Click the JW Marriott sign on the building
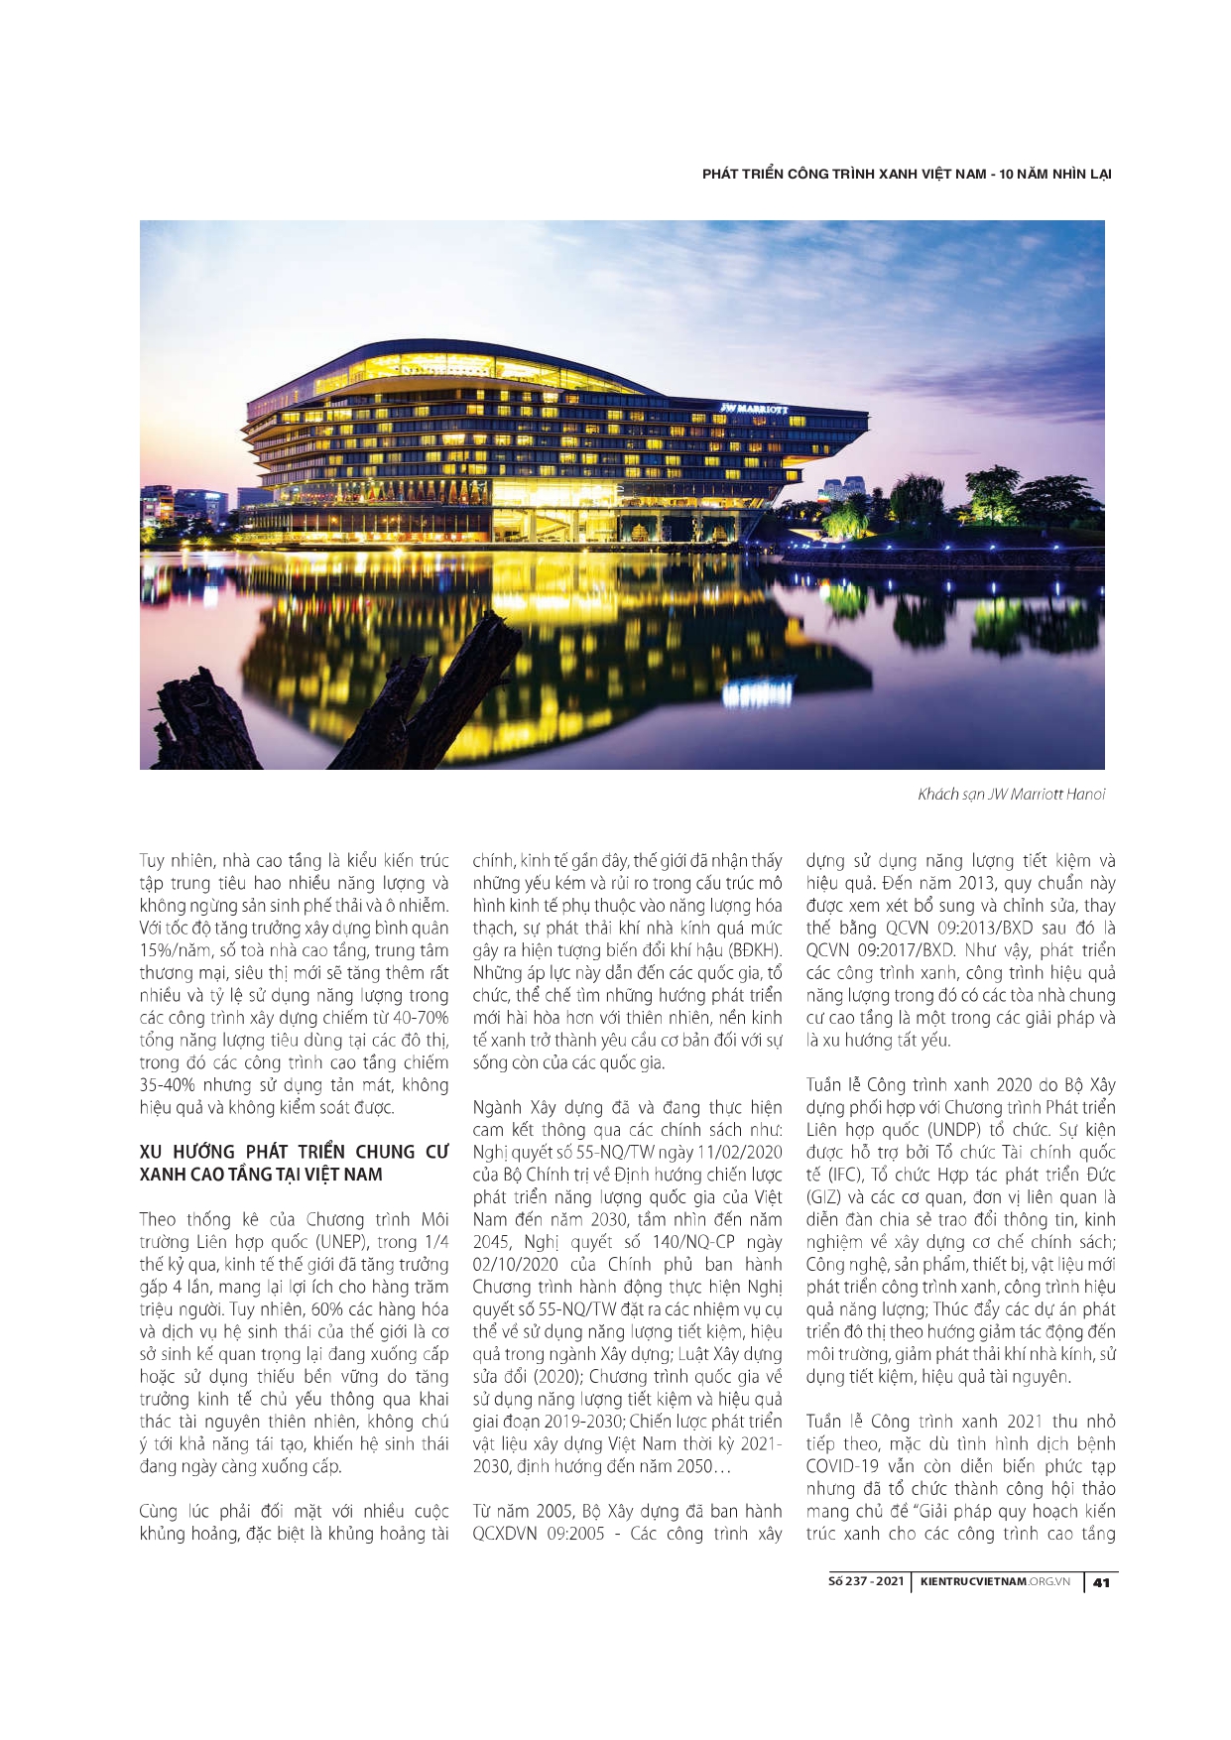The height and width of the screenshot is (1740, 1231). click(x=753, y=408)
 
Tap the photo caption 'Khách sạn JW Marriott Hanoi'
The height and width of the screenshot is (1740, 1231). click(x=1011, y=794)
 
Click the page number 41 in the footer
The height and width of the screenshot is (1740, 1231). click(x=1100, y=1581)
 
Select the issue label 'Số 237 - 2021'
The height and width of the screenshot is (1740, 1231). click(x=865, y=1581)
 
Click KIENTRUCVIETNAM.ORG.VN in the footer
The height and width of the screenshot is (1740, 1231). click(x=995, y=1581)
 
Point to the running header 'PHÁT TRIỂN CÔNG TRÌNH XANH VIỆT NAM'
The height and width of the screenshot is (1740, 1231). click(x=843, y=174)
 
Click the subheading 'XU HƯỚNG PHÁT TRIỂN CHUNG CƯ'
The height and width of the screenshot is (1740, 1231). click(x=294, y=1152)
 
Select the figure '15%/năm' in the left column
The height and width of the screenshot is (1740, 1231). click(x=170, y=950)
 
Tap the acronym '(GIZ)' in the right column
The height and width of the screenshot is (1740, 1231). click(x=823, y=1197)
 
